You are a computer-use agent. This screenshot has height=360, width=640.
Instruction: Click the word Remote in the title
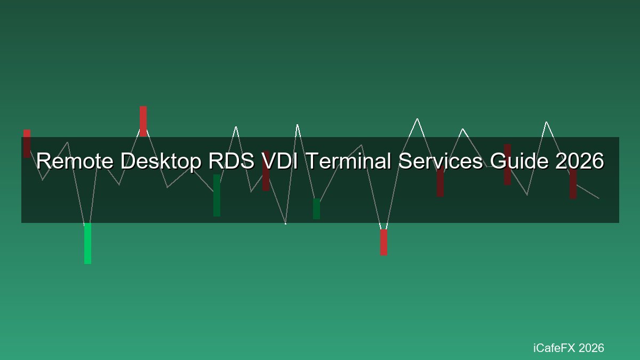[x=75, y=161]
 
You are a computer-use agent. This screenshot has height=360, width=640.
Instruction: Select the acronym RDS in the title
[x=231, y=161]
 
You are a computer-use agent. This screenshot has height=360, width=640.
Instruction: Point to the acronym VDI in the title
[x=279, y=161]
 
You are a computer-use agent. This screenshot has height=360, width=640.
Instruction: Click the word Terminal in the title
[x=348, y=161]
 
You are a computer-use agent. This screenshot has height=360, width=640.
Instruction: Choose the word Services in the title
[x=441, y=161]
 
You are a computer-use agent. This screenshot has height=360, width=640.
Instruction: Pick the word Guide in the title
[x=519, y=161]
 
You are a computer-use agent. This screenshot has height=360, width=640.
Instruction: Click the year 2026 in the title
[x=580, y=161]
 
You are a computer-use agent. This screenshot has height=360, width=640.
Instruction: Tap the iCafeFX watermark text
[x=554, y=348]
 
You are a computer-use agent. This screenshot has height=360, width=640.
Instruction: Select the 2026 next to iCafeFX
[x=591, y=348]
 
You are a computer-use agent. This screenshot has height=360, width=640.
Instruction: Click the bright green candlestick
[x=87, y=243]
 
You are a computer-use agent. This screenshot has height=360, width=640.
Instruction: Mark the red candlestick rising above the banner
[x=143, y=122]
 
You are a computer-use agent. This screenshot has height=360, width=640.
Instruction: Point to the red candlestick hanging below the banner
[x=383, y=242]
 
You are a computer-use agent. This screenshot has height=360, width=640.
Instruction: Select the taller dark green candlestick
[x=217, y=195]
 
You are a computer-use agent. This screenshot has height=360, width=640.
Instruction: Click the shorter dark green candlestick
[x=317, y=209]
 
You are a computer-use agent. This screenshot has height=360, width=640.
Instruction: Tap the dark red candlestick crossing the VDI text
[x=266, y=171]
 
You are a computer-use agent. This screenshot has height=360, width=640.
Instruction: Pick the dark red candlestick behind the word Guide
[x=507, y=165]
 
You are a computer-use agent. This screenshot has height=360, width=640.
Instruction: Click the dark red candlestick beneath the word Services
[x=441, y=181]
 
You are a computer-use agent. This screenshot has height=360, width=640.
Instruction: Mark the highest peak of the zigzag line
[x=417, y=118]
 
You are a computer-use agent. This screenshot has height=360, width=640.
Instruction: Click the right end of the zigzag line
[x=599, y=198]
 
